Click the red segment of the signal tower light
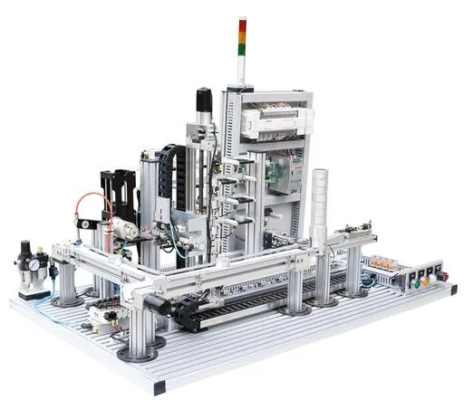(242, 23)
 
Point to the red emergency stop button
(441, 275)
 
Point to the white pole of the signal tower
(242, 68)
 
